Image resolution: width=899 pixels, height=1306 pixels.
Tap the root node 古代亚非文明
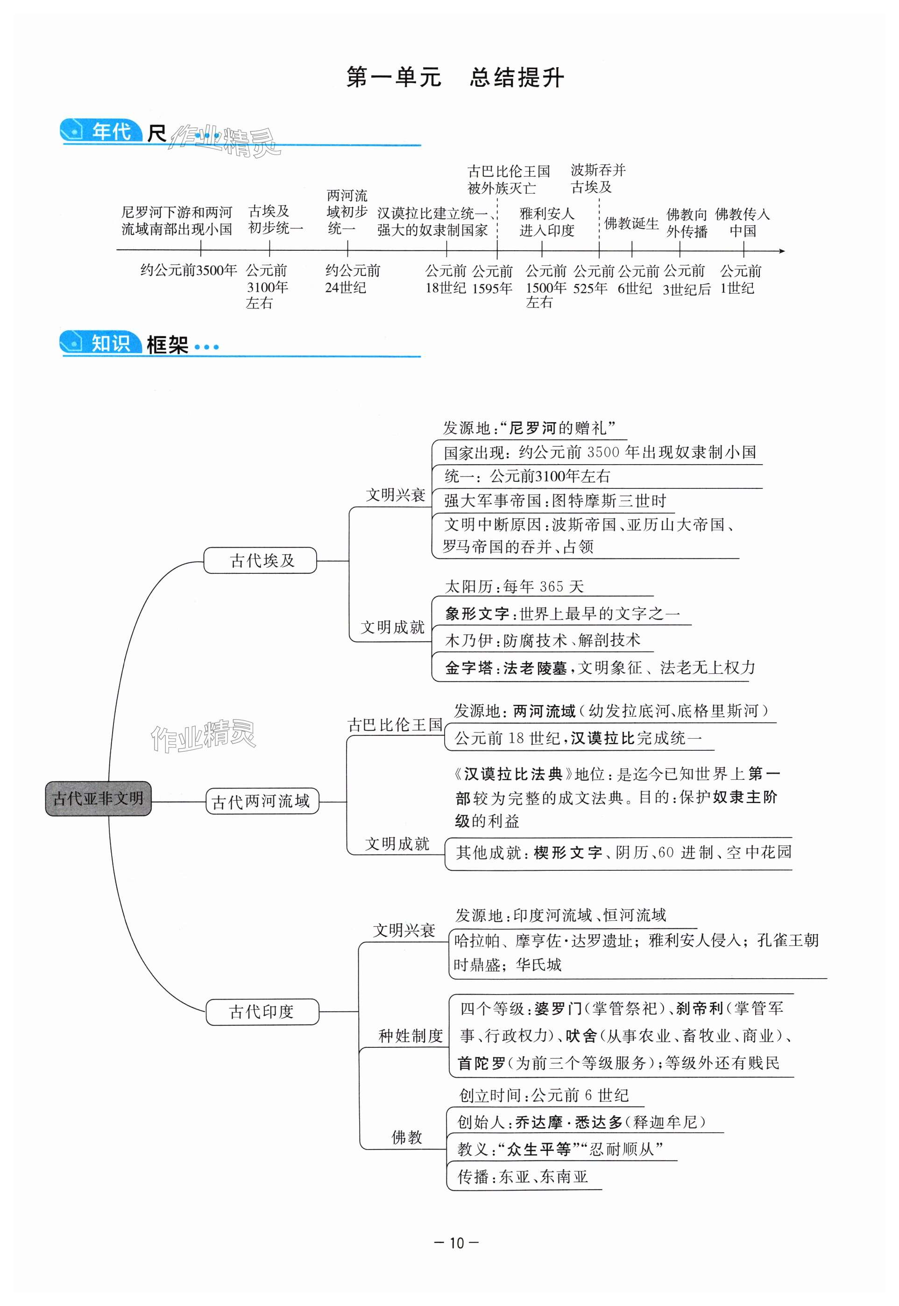click(x=98, y=798)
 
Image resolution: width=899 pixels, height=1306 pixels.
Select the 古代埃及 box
click(x=260, y=560)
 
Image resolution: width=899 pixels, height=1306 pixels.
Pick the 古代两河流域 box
click(x=262, y=801)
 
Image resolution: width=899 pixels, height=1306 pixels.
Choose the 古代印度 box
click(x=262, y=1012)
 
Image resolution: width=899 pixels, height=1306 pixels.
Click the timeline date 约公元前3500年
click(x=189, y=270)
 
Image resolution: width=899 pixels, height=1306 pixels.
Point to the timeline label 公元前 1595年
click(x=492, y=280)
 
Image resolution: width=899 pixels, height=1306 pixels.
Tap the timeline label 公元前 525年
click(x=593, y=280)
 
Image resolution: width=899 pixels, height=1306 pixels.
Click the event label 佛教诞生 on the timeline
click(x=631, y=224)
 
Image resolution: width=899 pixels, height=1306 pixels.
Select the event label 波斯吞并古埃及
click(x=598, y=178)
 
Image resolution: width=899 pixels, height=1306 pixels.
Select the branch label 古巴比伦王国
click(x=395, y=725)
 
